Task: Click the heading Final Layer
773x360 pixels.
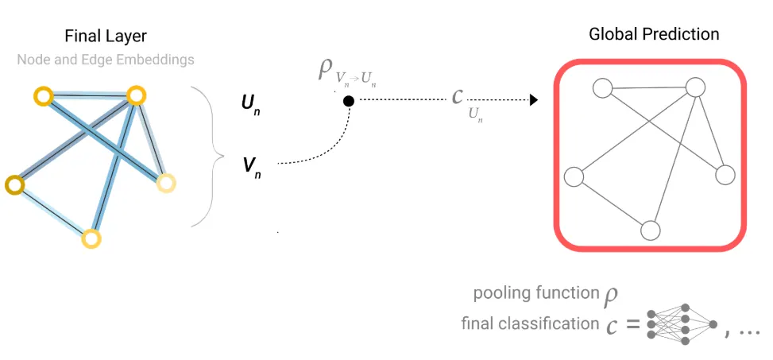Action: point(106,37)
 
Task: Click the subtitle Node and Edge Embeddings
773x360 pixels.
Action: point(106,60)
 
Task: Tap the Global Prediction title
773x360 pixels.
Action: point(654,34)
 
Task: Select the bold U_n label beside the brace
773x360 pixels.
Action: point(250,103)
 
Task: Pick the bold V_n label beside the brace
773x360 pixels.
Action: point(250,166)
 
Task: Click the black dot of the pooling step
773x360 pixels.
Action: point(348,101)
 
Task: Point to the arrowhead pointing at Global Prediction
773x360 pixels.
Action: point(534,100)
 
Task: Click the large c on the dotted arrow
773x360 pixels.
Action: point(457,97)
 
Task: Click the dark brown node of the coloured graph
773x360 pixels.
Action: point(14,185)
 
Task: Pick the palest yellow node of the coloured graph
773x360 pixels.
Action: point(165,184)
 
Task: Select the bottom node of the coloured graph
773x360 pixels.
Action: point(91,238)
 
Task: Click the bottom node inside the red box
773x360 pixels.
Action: point(651,230)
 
